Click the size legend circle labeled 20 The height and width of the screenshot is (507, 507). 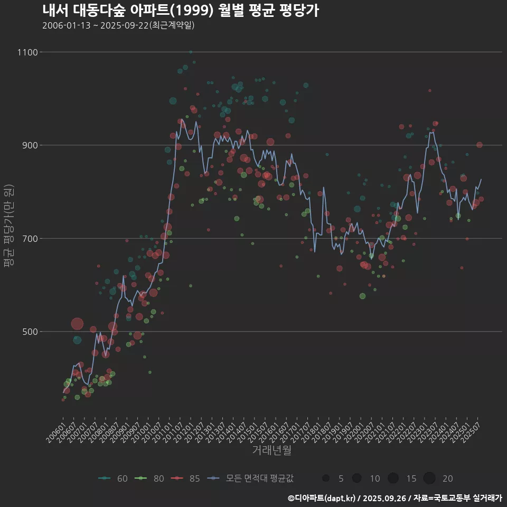point(429,478)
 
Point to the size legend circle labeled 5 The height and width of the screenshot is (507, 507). point(326,478)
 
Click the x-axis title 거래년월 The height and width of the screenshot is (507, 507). point(271,450)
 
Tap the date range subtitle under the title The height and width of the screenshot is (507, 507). point(118,25)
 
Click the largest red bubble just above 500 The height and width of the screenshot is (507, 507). point(77,324)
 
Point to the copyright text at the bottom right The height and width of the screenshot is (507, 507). point(395,497)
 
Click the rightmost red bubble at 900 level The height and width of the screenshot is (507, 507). point(479,145)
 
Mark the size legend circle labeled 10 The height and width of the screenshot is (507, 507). point(357,478)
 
